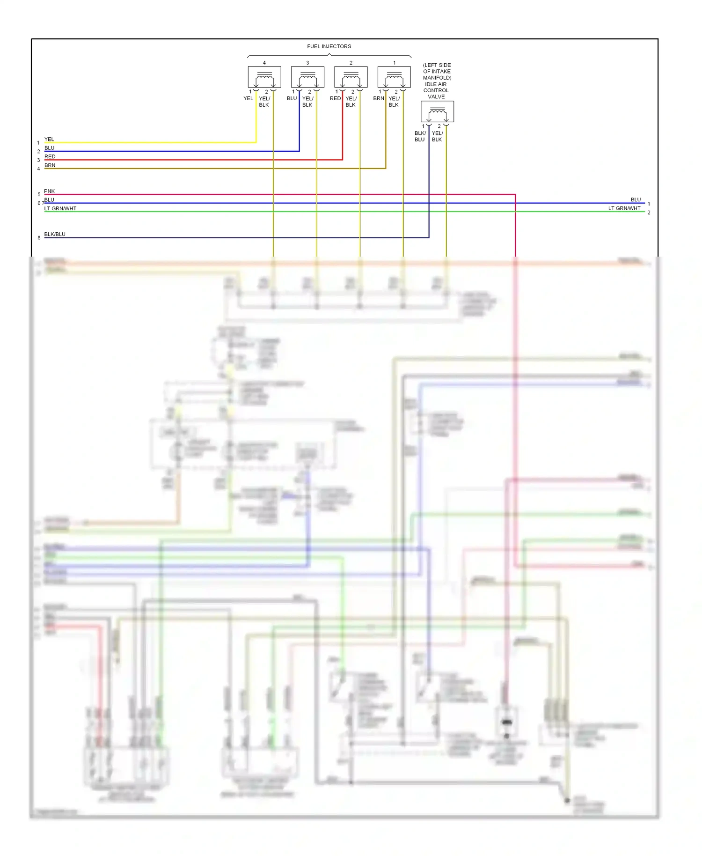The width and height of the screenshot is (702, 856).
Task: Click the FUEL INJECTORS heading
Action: (329, 46)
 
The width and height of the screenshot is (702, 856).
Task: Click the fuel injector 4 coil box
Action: (264, 77)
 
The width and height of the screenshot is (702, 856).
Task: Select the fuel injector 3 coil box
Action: (307, 77)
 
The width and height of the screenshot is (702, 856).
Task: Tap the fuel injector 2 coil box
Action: (351, 77)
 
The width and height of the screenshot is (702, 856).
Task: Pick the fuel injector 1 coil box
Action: (394, 77)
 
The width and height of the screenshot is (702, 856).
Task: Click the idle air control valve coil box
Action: (437, 111)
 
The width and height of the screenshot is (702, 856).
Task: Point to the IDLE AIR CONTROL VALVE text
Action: (436, 90)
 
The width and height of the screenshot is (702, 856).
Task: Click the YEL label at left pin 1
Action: (49, 139)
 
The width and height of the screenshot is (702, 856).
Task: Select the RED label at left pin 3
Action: (50, 156)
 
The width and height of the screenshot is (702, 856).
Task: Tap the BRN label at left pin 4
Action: (50, 165)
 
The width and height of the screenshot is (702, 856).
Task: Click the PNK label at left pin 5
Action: (49, 191)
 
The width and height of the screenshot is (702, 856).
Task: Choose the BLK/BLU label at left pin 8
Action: (55, 234)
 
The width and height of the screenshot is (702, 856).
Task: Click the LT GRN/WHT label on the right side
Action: (624, 208)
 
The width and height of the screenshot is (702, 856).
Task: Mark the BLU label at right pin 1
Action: (636, 199)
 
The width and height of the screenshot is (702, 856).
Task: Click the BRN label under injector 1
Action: (378, 98)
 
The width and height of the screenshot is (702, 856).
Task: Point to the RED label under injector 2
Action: (335, 98)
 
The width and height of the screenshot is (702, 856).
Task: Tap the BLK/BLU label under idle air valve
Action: (420, 136)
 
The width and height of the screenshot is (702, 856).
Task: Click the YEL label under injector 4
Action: (248, 98)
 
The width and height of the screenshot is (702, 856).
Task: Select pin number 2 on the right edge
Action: (649, 213)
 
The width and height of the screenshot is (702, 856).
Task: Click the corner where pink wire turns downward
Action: (515, 194)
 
